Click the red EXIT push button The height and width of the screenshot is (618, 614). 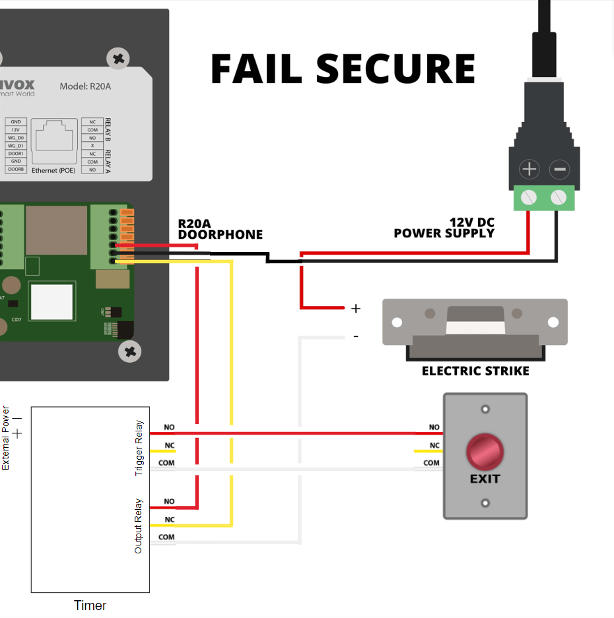[485, 452]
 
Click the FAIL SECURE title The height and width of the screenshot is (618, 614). [343, 69]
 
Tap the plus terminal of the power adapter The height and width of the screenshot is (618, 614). [529, 170]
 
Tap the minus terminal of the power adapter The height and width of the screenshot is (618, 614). [559, 170]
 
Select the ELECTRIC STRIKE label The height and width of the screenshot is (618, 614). [475, 371]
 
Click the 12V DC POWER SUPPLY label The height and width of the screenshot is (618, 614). [444, 228]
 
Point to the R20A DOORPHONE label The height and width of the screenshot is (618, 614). [220, 229]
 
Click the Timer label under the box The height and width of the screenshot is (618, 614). [90, 605]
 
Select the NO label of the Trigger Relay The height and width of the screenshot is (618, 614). [169, 427]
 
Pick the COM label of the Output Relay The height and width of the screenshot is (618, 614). [166, 537]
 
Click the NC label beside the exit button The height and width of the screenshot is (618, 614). [434, 445]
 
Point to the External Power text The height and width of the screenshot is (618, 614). [6, 438]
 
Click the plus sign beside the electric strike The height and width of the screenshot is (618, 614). [356, 308]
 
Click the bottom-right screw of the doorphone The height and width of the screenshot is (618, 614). [129, 352]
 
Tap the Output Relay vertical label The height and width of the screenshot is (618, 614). [139, 525]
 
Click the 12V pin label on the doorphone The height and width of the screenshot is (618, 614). [15, 130]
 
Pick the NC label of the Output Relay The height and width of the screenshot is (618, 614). [169, 519]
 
